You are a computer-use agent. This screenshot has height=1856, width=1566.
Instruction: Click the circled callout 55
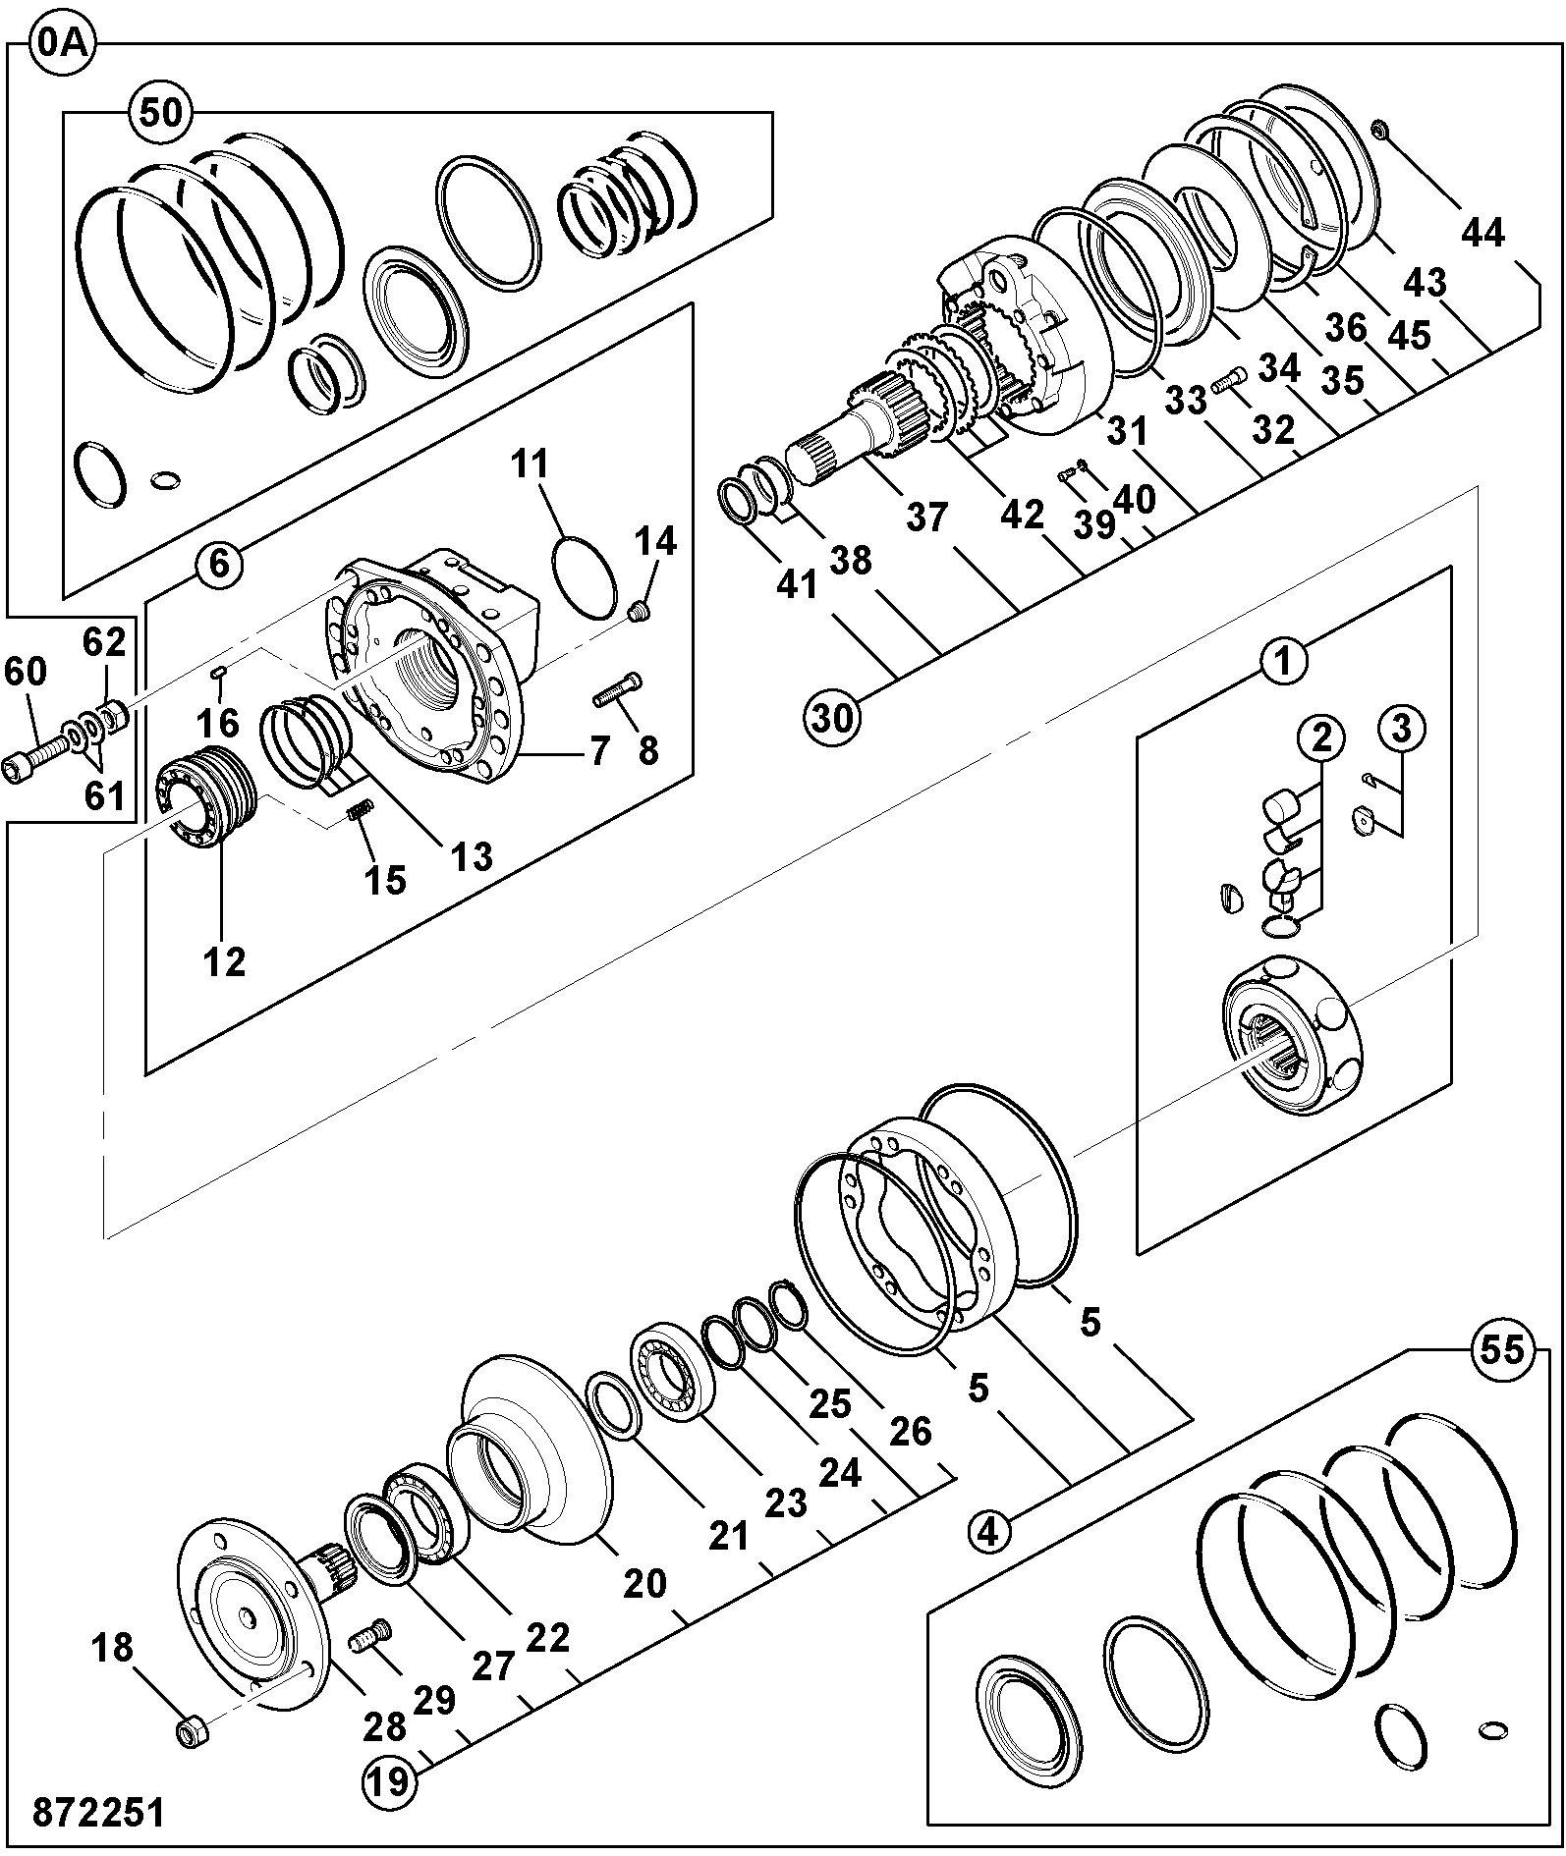click(1502, 1349)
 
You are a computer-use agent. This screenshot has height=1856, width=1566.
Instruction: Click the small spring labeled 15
click(361, 810)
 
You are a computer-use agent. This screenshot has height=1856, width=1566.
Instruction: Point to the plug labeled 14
click(639, 615)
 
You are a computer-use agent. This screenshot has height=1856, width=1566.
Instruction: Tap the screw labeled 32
click(1228, 378)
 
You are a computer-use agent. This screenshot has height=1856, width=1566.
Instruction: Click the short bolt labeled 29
click(370, 1637)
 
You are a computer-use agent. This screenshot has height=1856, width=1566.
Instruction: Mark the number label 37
click(926, 517)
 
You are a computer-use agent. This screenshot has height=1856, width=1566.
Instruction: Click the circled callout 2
click(1322, 737)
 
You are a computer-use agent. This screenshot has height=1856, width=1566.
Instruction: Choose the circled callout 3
click(1401, 730)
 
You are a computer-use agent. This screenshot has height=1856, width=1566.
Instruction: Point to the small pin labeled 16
click(219, 672)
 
